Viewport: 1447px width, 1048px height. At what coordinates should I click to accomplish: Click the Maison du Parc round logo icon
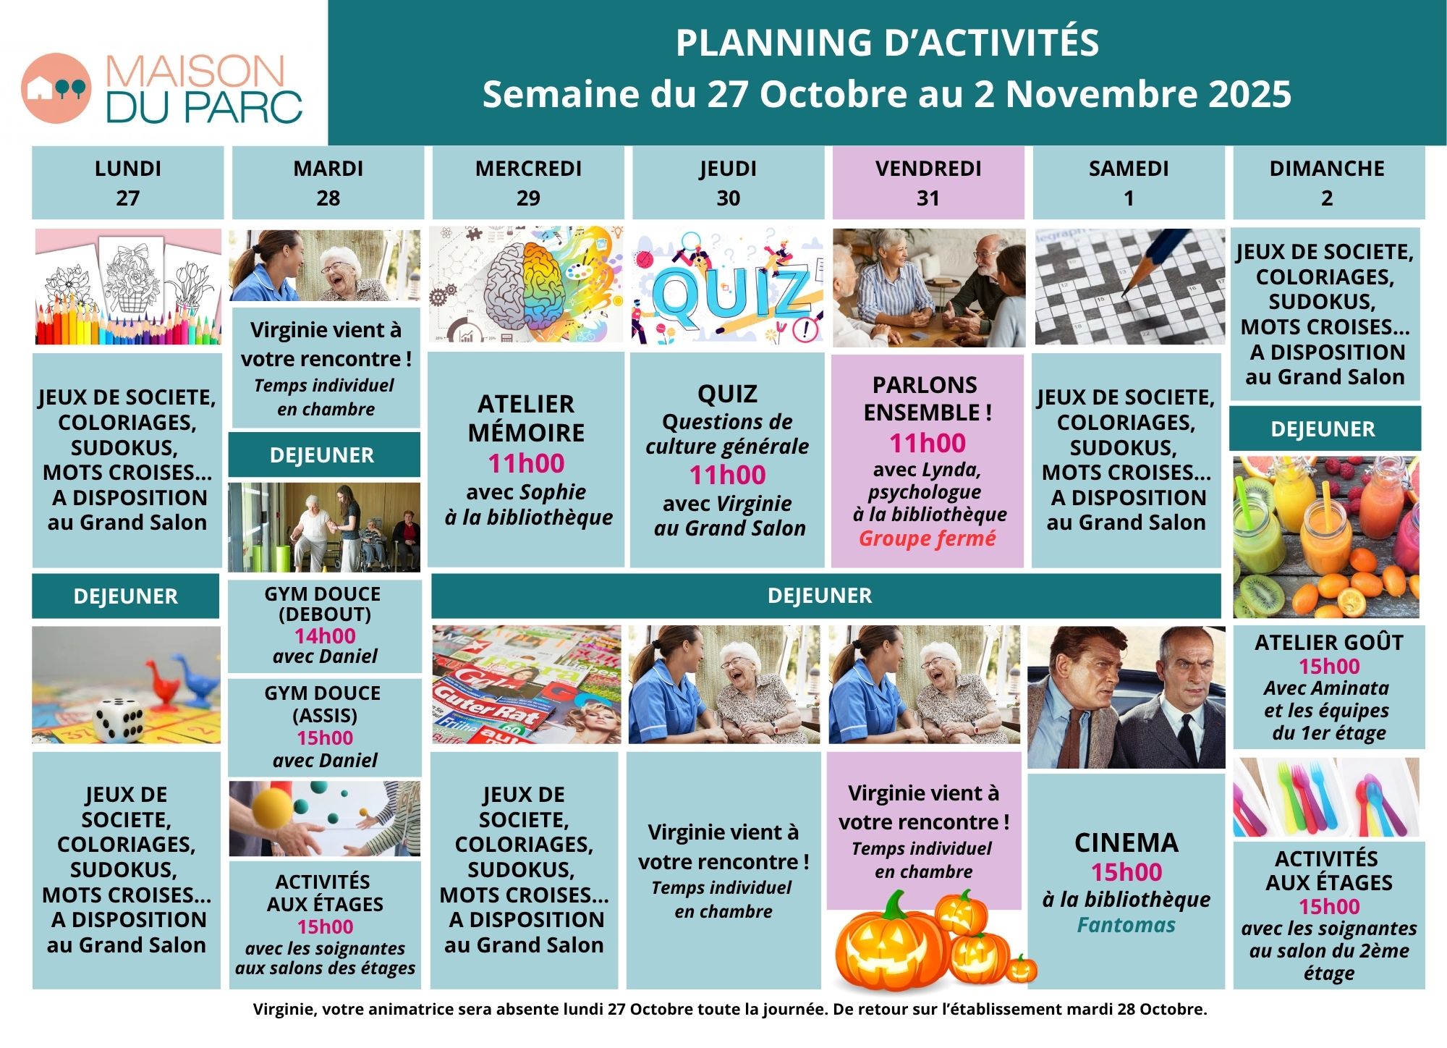(x=56, y=88)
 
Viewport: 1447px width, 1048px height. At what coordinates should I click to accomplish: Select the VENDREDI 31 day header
(x=928, y=182)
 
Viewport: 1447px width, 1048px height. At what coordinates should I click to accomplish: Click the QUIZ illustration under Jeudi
(x=727, y=287)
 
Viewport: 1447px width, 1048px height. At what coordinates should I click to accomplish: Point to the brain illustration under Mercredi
(x=525, y=284)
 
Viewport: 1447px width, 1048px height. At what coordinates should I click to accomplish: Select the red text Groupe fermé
(x=927, y=538)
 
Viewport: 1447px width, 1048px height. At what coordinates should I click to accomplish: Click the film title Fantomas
(x=1126, y=925)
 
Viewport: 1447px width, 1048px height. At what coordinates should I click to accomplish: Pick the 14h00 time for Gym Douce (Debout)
(x=325, y=636)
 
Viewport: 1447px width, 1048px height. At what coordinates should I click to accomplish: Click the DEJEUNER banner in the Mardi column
(x=323, y=455)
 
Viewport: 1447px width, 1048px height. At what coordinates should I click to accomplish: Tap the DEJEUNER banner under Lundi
(x=125, y=596)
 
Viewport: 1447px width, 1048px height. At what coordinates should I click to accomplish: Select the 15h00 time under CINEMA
(x=1126, y=872)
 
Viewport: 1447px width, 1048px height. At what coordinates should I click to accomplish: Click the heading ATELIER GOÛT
(x=1329, y=643)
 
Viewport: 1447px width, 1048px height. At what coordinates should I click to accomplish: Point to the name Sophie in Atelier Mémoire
(x=556, y=492)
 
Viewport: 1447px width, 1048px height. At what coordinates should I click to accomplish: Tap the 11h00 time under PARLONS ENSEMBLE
(x=928, y=443)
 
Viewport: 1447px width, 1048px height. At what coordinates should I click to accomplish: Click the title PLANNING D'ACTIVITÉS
(x=887, y=42)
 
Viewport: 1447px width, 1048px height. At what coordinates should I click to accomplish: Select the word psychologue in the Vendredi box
(x=925, y=493)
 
